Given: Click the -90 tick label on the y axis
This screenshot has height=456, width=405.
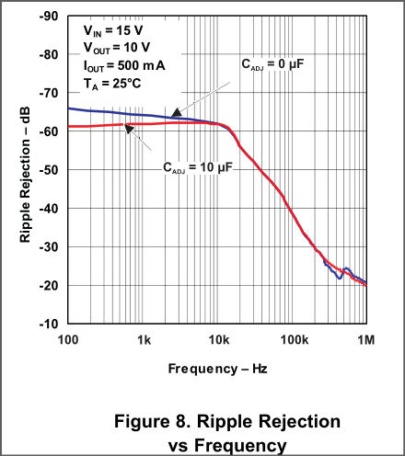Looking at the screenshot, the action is [x=49, y=17].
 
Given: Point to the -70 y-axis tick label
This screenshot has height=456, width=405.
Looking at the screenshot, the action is [x=49, y=93].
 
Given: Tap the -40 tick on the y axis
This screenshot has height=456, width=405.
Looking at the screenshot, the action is [x=49, y=209].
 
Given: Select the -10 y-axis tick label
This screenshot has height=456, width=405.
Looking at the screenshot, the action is [x=49, y=324].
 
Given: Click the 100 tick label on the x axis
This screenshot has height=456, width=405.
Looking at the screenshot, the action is [x=68, y=340].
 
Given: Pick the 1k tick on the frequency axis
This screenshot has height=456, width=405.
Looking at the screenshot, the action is [x=144, y=340].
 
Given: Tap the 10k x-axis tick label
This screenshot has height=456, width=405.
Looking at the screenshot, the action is [x=219, y=340].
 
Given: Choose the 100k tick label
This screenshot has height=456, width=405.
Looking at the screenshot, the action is [x=295, y=340].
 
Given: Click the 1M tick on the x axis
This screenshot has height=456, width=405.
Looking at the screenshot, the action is [x=366, y=340].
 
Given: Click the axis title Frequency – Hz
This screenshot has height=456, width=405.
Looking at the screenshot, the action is [x=217, y=369].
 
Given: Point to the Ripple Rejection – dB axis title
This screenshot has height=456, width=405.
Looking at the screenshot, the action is [x=25, y=175].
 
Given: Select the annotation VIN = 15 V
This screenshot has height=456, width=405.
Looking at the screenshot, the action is [x=113, y=30].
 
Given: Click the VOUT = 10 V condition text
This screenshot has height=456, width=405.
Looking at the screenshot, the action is [x=117, y=48].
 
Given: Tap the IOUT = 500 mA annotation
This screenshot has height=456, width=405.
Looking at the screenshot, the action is [x=124, y=66].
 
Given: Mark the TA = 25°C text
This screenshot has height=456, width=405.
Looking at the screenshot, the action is [x=112, y=84].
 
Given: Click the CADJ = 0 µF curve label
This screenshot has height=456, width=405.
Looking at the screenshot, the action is [x=272, y=64].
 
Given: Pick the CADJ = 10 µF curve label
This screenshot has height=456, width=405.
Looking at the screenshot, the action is [x=198, y=168].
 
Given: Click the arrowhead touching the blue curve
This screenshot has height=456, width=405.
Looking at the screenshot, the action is [x=176, y=113].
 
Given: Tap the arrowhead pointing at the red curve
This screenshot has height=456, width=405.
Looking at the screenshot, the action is [x=129, y=128].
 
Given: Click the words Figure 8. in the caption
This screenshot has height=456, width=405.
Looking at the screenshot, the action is [x=153, y=421].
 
